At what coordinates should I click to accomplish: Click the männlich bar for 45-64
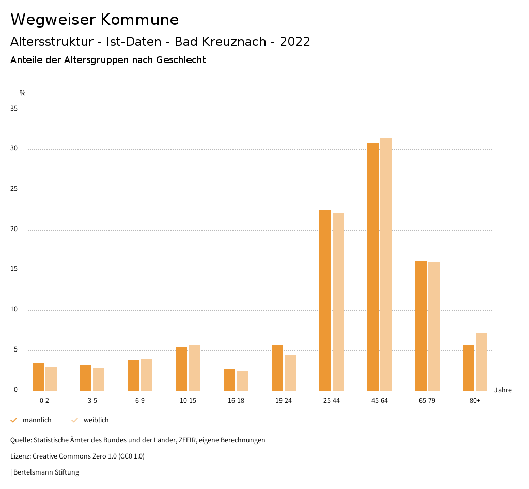[x=373, y=267]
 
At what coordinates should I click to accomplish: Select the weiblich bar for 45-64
[x=386, y=264]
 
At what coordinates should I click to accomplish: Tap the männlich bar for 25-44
[x=325, y=300]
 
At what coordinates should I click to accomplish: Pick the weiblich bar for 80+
[x=481, y=362]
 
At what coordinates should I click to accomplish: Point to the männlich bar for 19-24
[x=277, y=368]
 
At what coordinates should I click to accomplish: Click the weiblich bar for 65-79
[x=434, y=326]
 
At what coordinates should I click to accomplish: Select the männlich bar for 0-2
[x=38, y=377]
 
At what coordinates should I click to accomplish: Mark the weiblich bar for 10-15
[x=195, y=368]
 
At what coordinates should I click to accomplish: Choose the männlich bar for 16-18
[x=229, y=379]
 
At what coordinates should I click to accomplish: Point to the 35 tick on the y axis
[x=14, y=109]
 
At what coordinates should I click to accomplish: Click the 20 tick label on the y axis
[x=14, y=230]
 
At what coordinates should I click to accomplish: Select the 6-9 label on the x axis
[x=140, y=401]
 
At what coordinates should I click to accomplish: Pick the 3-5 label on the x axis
[x=92, y=401]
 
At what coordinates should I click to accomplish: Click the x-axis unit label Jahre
[x=503, y=390]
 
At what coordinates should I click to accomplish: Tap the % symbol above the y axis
[x=22, y=93]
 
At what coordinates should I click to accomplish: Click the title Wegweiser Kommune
[x=95, y=20]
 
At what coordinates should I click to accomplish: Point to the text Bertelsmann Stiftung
[x=46, y=472]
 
